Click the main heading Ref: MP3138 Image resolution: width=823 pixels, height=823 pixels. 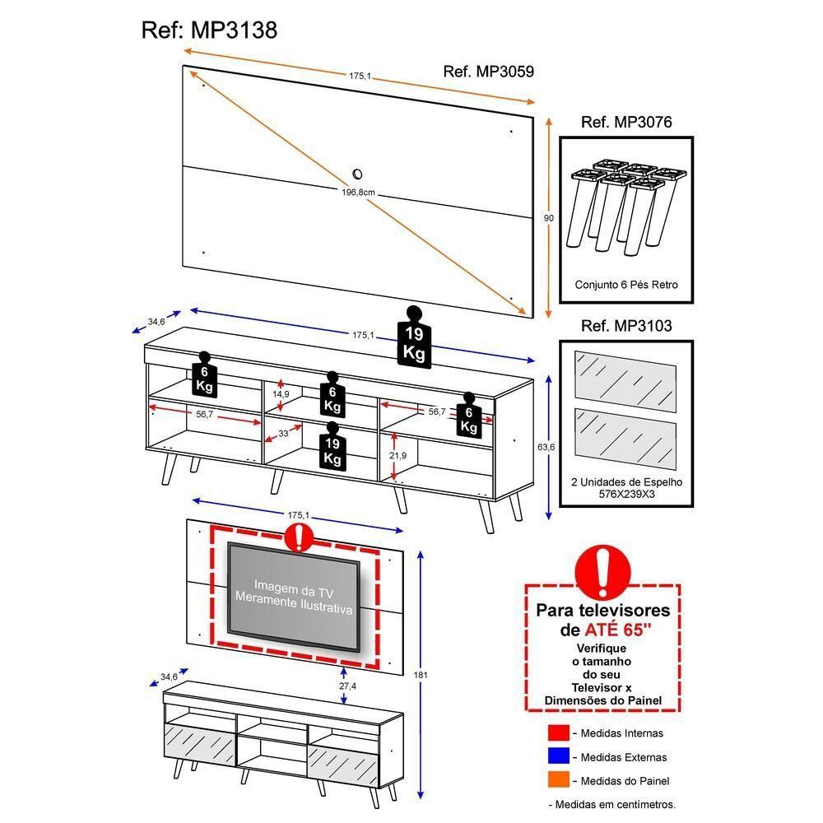(209, 31)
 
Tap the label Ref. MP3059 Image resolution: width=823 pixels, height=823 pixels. (488, 72)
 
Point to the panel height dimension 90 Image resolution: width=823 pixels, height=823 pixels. (549, 218)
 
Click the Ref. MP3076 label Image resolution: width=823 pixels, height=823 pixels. (626, 123)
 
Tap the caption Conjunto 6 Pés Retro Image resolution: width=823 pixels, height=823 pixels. (626, 284)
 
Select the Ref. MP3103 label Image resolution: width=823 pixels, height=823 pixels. (626, 326)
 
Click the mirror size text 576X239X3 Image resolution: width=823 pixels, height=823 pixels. (626, 495)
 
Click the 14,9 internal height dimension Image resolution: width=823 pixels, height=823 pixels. (281, 394)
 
